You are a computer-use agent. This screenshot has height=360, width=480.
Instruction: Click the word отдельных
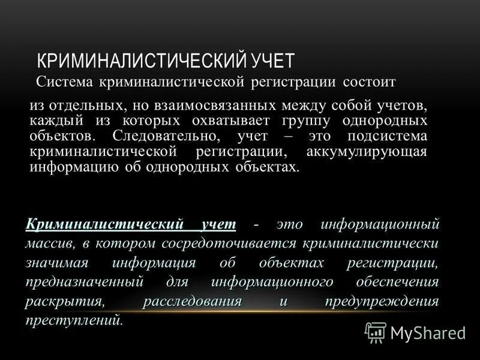(x=83, y=106)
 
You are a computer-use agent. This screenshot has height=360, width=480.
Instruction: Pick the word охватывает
(x=241, y=121)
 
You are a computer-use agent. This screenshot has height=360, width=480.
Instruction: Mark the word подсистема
(x=390, y=136)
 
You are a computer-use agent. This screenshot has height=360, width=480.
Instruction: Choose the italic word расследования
(x=192, y=302)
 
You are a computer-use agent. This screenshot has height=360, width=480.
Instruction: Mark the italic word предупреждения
(x=382, y=302)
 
